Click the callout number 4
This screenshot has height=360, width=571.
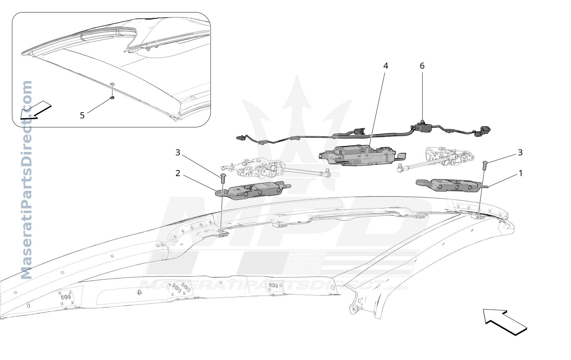point(386,66)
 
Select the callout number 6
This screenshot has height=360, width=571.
point(422,66)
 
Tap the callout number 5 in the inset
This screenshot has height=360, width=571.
point(82,116)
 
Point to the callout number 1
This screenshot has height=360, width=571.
point(521,174)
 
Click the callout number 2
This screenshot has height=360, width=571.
point(178,174)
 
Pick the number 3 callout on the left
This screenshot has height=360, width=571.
point(178,152)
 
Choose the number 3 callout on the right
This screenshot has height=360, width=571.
point(520,152)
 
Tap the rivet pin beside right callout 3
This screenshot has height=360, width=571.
point(485,166)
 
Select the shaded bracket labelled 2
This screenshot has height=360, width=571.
point(253,191)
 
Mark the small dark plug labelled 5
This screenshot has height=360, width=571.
point(112,97)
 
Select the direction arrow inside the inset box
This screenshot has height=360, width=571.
point(36,110)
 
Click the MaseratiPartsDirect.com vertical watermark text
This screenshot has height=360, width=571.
point(26,180)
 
